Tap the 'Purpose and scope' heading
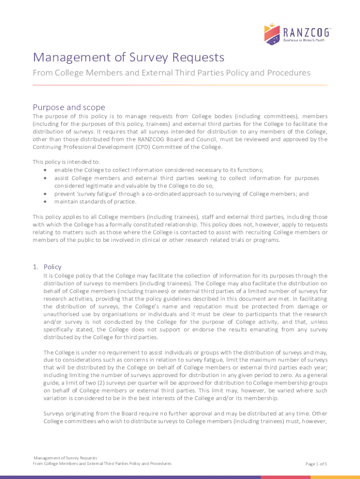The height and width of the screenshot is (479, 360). [69, 107]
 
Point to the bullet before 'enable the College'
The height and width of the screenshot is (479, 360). [44, 170]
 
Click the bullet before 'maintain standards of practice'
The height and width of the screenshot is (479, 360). [44, 202]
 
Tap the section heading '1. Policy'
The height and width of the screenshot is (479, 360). [47, 267]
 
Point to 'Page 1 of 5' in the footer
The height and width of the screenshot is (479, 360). [316, 464]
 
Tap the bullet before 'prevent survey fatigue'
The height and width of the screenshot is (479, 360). [44, 194]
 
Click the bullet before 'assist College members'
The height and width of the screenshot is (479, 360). [44, 178]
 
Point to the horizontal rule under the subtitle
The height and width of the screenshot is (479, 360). [180, 85]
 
